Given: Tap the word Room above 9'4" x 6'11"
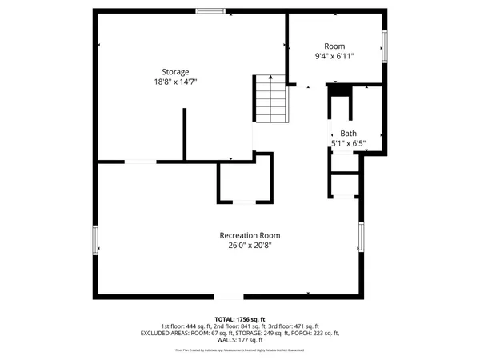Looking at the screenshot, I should pos(334,46).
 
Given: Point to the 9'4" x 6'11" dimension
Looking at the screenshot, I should pos(334,56).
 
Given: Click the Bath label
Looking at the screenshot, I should pos(348,134).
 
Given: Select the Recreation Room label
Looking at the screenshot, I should pos(250,235).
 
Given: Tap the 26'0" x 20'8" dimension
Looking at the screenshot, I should pos(250,246).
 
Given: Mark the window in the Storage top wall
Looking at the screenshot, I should pos(211,10).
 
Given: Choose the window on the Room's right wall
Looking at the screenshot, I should pos(385,46).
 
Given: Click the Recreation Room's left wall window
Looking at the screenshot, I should pos(96,240).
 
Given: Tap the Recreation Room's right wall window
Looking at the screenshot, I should pos(361,237).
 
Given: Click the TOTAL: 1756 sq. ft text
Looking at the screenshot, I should pos(239,319).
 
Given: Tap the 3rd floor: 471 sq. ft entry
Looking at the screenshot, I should pos(293,326).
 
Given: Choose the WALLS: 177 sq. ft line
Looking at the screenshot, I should pos(239,339).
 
